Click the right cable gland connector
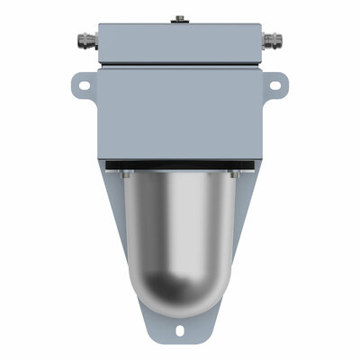274,40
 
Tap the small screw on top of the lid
180,17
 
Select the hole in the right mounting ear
275,85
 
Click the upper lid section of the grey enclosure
180,43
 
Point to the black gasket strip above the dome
180,165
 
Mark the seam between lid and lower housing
180,67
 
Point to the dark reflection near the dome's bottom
180,292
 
